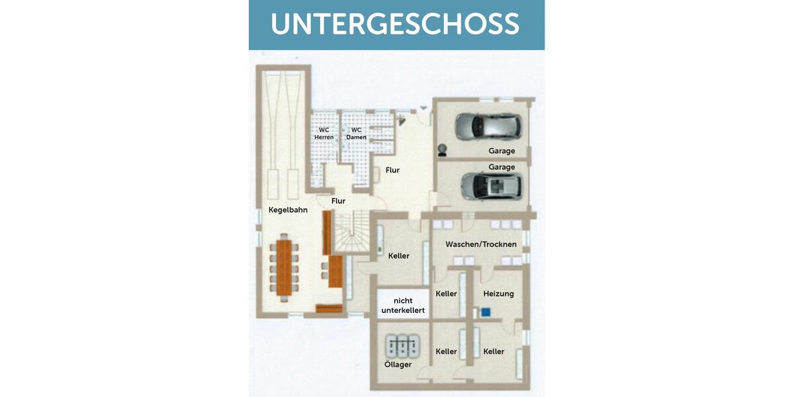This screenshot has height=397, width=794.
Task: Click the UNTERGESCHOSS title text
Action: point(395,24)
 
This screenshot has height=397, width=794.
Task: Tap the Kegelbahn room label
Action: point(288,210)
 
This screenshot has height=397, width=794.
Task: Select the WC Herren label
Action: point(324,134)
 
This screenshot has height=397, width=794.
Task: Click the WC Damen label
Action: point(356,134)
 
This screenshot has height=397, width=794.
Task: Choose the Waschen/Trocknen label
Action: point(481,244)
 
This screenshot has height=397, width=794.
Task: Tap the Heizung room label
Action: point(498,294)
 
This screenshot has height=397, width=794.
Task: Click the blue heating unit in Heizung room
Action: point(486,311)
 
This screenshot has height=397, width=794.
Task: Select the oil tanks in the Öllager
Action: point(401,345)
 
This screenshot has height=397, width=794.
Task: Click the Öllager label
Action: point(398,365)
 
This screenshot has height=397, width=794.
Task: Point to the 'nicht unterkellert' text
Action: point(403,305)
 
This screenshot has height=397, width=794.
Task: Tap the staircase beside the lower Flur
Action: point(349,233)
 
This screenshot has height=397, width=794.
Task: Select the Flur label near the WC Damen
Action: point(392,170)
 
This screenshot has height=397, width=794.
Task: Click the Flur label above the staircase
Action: point(338,200)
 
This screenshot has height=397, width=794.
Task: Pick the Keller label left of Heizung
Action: point(446,294)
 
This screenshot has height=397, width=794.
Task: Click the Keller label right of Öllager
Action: point(446,351)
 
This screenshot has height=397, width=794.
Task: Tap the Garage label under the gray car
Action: point(502,151)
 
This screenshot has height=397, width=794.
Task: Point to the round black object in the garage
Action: point(442,150)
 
